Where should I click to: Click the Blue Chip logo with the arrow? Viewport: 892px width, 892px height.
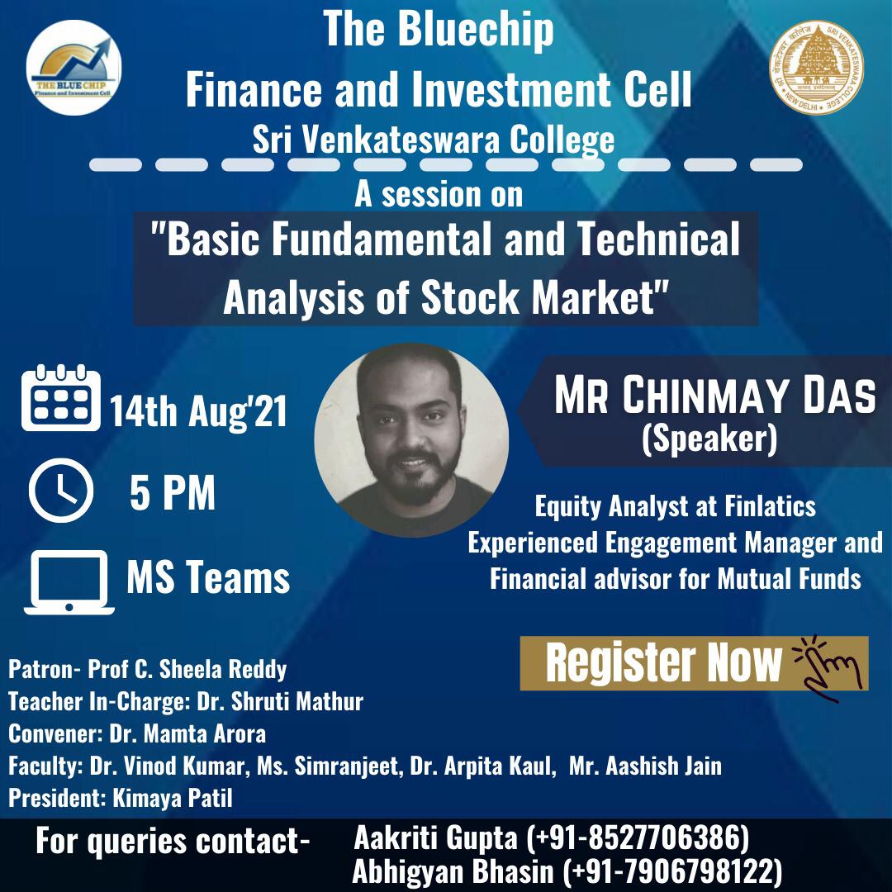pos(74,67)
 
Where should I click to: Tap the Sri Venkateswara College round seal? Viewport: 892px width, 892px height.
pos(816,68)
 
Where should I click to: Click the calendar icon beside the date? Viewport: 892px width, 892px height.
pos(61,397)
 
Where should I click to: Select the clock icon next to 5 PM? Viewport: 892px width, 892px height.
pos(61,491)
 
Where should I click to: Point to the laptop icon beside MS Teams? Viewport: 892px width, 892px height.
pos(69,582)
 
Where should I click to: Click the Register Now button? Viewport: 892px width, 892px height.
pos(694,663)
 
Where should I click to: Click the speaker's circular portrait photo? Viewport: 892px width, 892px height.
pos(411,440)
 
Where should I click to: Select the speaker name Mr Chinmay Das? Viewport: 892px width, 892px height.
pos(715,395)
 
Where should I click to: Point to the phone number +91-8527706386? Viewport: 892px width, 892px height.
pos(638,838)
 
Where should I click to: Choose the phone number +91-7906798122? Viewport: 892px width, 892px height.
pos(672,872)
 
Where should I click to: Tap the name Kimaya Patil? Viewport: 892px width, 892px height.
pos(173,798)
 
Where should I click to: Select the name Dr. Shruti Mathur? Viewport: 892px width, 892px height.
pos(280,701)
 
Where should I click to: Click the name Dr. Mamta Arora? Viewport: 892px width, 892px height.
pos(187,734)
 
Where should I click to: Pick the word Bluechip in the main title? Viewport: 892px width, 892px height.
pos(476,31)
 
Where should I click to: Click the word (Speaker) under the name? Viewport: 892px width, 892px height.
pos(709,439)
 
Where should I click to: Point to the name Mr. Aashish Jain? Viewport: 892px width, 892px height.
pos(645,766)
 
